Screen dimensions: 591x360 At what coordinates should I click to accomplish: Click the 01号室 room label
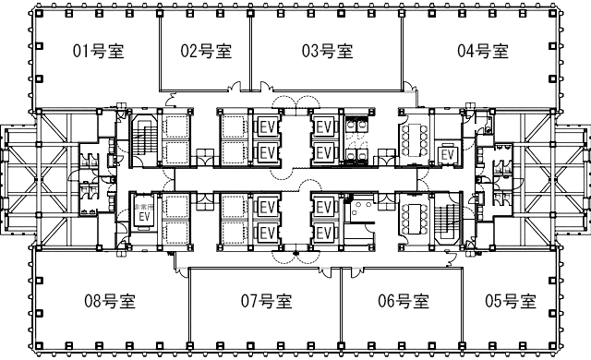tap(99, 51)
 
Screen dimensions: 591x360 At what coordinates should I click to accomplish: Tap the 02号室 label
tap(206, 51)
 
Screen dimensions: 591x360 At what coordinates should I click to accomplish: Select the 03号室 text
tap(327, 51)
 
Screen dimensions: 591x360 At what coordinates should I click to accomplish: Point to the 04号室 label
tap(483, 51)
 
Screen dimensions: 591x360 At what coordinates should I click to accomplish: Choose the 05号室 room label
tap(511, 301)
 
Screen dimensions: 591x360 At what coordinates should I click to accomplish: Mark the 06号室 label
tap(404, 301)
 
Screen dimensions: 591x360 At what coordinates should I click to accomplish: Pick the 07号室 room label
tap(266, 301)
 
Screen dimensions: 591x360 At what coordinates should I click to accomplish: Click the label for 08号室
tap(110, 301)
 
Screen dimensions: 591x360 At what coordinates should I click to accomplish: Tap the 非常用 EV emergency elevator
tap(144, 212)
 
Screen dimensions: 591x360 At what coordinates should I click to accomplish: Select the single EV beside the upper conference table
tap(447, 155)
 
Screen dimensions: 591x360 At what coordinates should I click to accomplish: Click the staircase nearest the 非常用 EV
tap(143, 139)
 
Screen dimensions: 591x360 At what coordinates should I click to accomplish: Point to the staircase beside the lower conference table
tap(448, 221)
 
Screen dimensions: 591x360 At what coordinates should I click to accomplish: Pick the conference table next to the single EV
tap(415, 139)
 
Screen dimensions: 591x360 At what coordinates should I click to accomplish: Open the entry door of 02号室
tap(236, 87)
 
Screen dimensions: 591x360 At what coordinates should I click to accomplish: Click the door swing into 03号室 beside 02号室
tap(266, 87)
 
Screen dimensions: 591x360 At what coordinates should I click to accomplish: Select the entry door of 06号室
tap(357, 271)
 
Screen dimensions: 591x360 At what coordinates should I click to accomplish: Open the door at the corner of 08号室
tap(183, 272)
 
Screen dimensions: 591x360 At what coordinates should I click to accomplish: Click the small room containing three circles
tap(361, 209)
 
